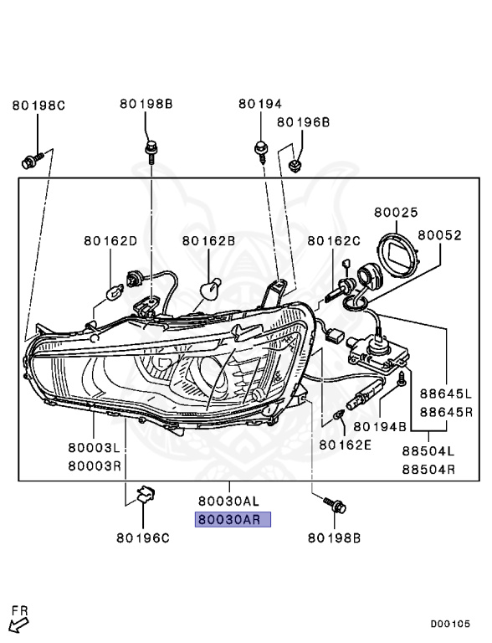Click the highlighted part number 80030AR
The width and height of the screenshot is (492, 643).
[x=233, y=520]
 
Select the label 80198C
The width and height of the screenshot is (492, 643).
[x=38, y=105]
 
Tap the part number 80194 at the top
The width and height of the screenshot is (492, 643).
[x=260, y=104]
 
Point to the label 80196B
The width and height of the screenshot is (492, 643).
[x=304, y=122]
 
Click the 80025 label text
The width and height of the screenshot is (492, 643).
[x=396, y=213]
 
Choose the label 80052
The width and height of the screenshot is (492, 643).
[x=440, y=235]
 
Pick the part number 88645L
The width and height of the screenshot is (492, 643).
[x=446, y=394]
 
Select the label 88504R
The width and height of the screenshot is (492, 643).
[x=428, y=469]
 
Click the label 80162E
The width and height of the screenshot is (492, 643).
[x=346, y=445]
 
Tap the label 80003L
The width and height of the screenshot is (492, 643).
[x=95, y=448]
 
